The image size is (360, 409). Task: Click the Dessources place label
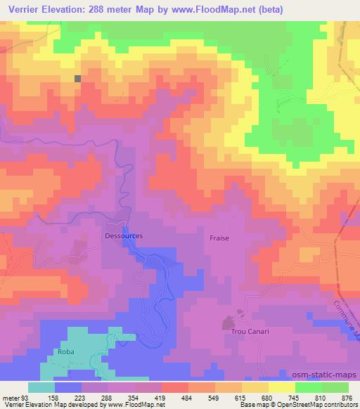[x=124, y=236]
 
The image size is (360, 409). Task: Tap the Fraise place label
[x=219, y=238]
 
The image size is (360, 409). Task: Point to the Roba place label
[x=65, y=351]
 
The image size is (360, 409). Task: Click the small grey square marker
[x=77, y=79]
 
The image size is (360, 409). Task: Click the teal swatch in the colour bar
[x=41, y=387]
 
